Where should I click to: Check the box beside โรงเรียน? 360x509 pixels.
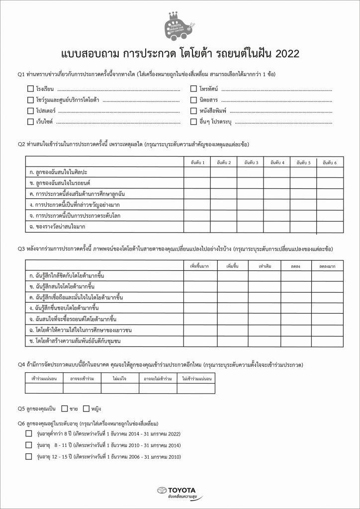[30, 89]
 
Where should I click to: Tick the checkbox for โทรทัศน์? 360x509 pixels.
[194, 89]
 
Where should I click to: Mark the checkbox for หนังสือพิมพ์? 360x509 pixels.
[194, 111]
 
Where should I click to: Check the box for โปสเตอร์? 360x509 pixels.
[30, 111]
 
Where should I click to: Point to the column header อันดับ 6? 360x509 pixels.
[330, 163]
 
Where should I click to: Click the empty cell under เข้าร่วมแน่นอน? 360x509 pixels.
[39, 389]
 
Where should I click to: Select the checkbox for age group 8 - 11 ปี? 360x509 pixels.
[28, 445]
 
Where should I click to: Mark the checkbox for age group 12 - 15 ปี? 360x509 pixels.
[28, 456]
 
